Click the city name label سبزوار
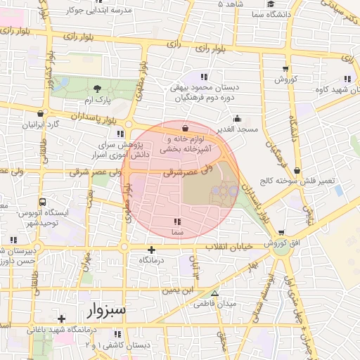(108, 309)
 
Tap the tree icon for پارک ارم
(98, 88)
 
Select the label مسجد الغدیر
(238, 130)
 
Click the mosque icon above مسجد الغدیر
(238, 118)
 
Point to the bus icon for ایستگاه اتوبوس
(43, 200)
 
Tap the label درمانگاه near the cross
(151, 260)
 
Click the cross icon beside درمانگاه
(151, 250)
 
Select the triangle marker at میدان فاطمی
(214, 294)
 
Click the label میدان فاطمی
(238, 304)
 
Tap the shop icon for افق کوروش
(281, 233)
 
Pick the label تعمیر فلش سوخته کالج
(297, 181)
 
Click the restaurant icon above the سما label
(176, 221)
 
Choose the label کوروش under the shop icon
(286, 79)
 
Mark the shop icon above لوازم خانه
(184, 128)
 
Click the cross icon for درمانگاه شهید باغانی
(62, 318)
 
